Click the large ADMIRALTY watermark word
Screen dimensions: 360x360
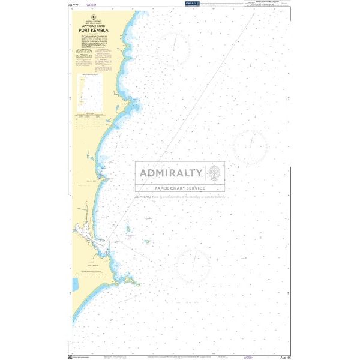click(170, 174)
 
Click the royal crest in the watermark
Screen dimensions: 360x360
click(215, 173)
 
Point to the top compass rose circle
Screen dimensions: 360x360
click(174, 45)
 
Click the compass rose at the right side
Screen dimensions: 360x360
click(250, 146)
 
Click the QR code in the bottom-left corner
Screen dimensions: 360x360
click(71, 356)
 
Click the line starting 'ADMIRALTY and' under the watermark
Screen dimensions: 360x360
click(180, 196)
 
